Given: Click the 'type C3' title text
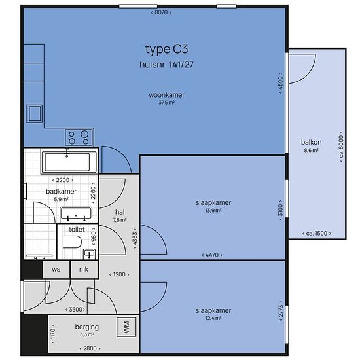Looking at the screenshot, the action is point(166,49).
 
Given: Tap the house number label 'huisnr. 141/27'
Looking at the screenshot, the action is point(166,65).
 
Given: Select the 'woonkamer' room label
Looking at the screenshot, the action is point(166,95).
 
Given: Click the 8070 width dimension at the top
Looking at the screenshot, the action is point(161,12).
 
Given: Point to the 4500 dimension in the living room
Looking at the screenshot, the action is point(280,82).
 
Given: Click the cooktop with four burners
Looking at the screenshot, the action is point(79,137).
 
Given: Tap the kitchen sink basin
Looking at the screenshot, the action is point(34,114).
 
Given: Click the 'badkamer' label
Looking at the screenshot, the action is point(61,192).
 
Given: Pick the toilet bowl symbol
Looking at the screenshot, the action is point(72,242).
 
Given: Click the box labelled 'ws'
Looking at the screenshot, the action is point(56,269).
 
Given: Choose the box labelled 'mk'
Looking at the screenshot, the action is point(84,269).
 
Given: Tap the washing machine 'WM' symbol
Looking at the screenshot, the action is point(126,327).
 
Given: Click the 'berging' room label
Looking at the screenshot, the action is point(87,327).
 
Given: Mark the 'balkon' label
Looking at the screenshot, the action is point(311,142).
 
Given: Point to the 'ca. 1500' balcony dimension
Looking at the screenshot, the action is point(317,234).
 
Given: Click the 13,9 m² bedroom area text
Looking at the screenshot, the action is point(213,211).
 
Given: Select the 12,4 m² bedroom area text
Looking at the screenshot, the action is point(213,319).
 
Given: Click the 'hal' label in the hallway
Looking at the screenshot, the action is point(120,212).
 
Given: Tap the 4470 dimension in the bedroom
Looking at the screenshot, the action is point(212,255).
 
